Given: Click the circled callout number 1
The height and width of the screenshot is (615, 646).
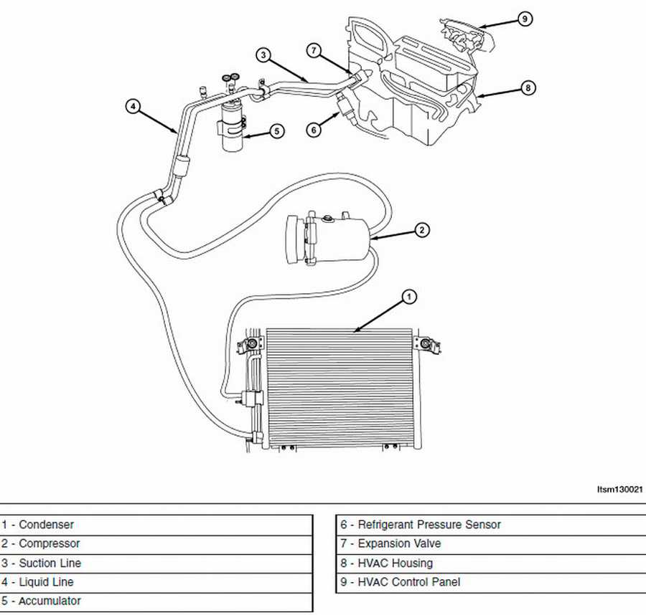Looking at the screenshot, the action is click(408, 297).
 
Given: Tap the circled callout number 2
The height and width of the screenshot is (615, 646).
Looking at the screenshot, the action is click(421, 230).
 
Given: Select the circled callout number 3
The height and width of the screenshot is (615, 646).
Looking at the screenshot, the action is click(263, 55).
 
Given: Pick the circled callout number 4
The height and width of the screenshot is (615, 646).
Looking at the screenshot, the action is click(133, 107).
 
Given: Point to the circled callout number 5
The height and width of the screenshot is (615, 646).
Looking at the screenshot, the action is click(277, 131).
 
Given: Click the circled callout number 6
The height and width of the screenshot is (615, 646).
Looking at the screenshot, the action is click(314, 130).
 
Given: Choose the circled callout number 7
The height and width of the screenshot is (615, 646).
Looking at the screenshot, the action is click(314, 50).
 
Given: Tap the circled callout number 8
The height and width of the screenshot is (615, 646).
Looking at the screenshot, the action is click(528, 88).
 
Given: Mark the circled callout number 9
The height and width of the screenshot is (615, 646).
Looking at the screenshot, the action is click(525, 19).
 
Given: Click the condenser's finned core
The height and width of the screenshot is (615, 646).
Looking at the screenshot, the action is click(339, 387).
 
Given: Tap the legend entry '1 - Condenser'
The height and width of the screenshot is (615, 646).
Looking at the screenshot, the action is click(37, 525).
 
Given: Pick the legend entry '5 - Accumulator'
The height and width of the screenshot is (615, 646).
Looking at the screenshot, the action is click(41, 601).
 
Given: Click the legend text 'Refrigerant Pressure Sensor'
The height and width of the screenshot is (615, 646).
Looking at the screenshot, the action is click(429, 525).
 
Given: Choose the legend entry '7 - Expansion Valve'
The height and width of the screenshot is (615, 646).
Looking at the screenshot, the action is click(390, 544).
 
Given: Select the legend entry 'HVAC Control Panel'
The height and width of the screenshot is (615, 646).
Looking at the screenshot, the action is click(408, 582).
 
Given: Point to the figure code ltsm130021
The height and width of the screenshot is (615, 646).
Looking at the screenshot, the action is click(619, 490).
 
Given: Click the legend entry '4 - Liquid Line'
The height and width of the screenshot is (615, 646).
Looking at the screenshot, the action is click(37, 582).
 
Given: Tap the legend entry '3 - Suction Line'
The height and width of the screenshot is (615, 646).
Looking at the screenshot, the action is click(41, 563).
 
